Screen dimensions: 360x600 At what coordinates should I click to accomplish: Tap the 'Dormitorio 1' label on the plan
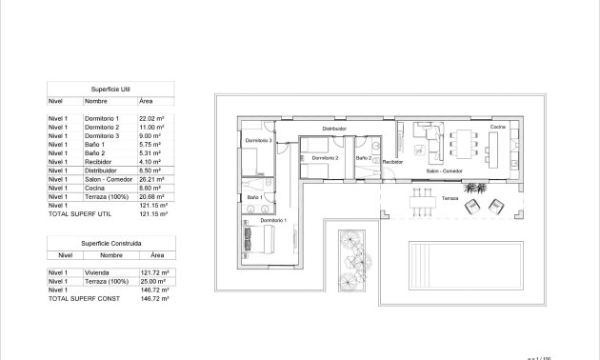(x=273, y=221)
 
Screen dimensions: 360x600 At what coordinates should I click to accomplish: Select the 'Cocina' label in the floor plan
(x=497, y=127)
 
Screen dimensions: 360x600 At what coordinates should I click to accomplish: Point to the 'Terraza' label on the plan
(x=449, y=198)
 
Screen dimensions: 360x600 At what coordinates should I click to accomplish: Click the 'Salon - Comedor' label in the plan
(x=445, y=171)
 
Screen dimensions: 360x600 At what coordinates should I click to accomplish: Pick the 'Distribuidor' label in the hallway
(x=333, y=128)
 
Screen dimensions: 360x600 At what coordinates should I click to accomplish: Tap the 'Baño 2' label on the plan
(x=363, y=157)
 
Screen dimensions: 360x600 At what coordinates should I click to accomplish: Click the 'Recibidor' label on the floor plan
(x=392, y=162)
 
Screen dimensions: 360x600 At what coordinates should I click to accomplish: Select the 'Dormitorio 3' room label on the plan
(x=258, y=141)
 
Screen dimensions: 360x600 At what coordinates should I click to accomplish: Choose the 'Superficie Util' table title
(x=111, y=87)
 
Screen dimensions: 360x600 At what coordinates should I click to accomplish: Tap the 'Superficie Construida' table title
(x=111, y=243)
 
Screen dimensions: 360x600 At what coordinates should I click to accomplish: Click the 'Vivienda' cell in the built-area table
(x=98, y=273)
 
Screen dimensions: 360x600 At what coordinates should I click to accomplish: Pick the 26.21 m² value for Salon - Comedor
(x=151, y=179)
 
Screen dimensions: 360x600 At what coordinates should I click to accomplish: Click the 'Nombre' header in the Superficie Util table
(x=95, y=100)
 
